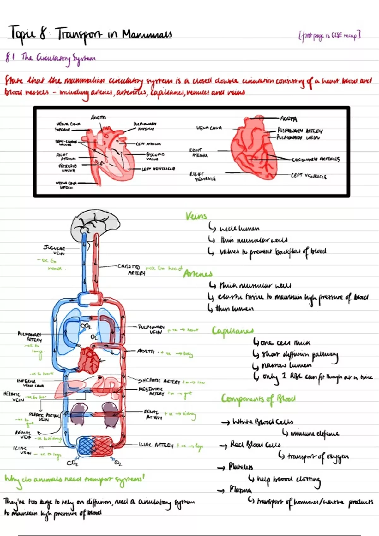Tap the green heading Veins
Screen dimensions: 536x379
click(196, 216)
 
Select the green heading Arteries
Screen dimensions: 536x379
click(198, 273)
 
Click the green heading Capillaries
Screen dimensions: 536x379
click(232, 330)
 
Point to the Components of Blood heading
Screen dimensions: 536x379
click(258, 399)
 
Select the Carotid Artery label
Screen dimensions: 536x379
click(131, 269)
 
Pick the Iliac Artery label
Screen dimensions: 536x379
click(156, 445)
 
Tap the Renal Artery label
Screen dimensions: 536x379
click(153, 414)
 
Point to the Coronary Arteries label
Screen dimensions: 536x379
click(316, 160)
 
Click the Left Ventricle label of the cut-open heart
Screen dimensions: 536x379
click(158, 169)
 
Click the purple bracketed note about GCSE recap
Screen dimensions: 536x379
click(329, 36)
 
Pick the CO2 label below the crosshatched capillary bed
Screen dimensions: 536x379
click(72, 463)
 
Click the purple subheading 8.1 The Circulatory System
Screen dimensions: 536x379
click(51, 58)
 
